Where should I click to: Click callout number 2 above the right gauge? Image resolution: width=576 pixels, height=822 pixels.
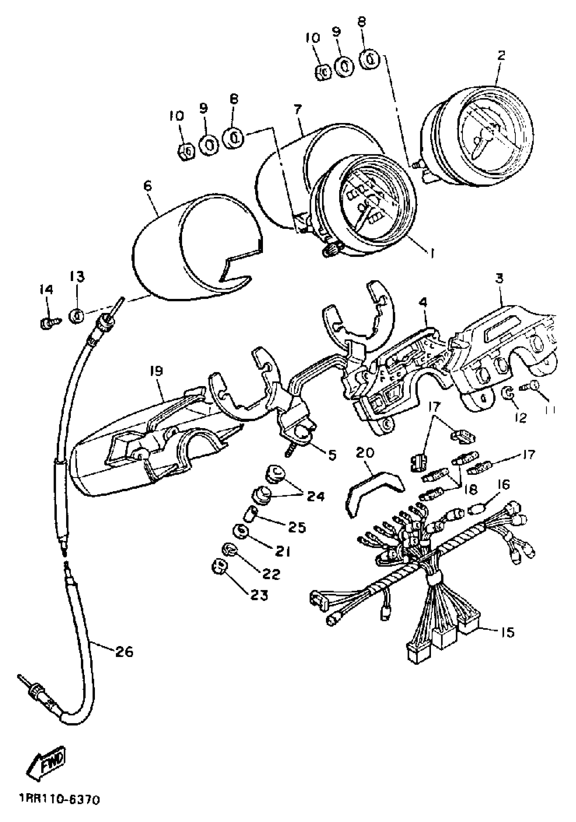501,56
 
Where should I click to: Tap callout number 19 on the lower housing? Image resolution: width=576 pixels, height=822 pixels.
157,371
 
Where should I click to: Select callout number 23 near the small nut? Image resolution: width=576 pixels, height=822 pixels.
259,595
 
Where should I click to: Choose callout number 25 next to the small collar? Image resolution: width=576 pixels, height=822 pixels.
297,527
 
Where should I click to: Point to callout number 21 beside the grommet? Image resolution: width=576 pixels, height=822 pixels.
282,552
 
